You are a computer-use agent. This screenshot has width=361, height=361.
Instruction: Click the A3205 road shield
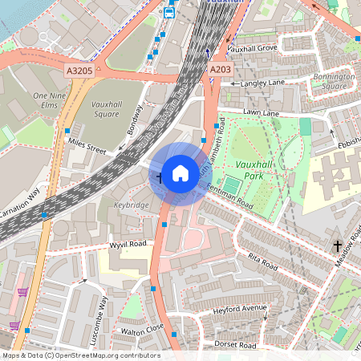79,71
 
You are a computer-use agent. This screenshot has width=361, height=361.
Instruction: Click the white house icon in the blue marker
180,173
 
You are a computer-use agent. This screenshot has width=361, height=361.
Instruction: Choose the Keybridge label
131,205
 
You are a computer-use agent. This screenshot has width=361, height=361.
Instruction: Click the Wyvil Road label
128,242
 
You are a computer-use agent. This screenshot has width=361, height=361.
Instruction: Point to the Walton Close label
142,329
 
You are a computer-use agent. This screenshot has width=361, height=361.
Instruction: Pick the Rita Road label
262,260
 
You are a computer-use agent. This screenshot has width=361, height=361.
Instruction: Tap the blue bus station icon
169,12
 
